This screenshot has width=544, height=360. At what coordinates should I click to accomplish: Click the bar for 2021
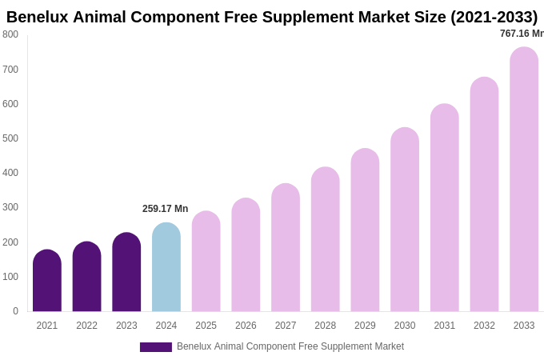pos(47,281)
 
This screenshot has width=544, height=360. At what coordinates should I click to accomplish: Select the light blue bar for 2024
pos(166,267)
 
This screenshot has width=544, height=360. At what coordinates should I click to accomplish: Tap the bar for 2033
pos(524,179)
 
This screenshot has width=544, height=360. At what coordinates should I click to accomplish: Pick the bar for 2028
pos(326,239)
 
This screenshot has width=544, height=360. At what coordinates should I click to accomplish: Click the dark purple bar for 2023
pos(126,272)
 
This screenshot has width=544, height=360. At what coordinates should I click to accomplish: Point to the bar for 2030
pos(405,219)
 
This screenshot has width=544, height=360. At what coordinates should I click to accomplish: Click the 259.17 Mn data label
pos(166,209)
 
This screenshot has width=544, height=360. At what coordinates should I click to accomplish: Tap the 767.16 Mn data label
pos(522,34)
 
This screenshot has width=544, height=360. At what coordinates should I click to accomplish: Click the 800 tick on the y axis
pos(10,34)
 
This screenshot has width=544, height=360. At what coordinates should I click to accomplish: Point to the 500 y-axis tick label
pos(10,138)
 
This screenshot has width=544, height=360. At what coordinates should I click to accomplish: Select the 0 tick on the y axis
pos(15,311)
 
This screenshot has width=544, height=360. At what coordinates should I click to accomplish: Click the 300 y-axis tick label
pos(10,207)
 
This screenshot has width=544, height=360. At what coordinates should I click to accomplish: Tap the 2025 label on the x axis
pos(206,326)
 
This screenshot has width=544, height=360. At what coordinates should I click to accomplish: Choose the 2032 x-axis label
pos(484,326)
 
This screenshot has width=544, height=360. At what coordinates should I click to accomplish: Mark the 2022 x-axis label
pos(86,326)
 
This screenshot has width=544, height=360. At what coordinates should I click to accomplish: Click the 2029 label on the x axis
pos(365,326)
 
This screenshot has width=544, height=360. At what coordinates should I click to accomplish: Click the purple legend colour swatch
pos(156,347)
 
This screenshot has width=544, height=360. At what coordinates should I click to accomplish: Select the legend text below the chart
pos(290,346)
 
